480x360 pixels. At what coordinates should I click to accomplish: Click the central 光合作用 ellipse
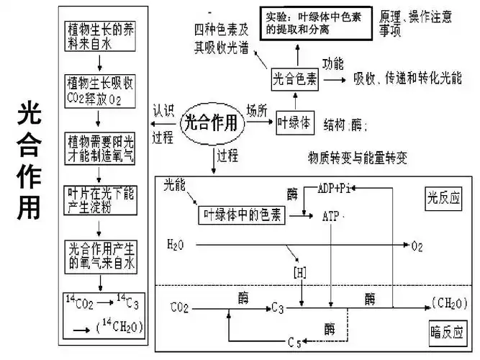[x=211, y=123]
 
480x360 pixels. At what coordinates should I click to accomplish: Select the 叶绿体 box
[x=294, y=123]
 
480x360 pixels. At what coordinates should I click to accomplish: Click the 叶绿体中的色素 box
[x=242, y=214]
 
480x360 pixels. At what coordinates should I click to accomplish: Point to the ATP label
[x=331, y=215]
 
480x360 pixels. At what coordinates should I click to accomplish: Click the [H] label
[x=299, y=273]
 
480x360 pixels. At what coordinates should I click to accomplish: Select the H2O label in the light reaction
[x=175, y=245]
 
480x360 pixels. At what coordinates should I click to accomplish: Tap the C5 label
[x=294, y=340]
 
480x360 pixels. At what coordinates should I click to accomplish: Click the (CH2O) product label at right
[x=451, y=301]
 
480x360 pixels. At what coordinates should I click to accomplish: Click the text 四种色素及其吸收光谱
[x=222, y=38]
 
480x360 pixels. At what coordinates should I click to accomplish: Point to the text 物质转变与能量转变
[x=357, y=156]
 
